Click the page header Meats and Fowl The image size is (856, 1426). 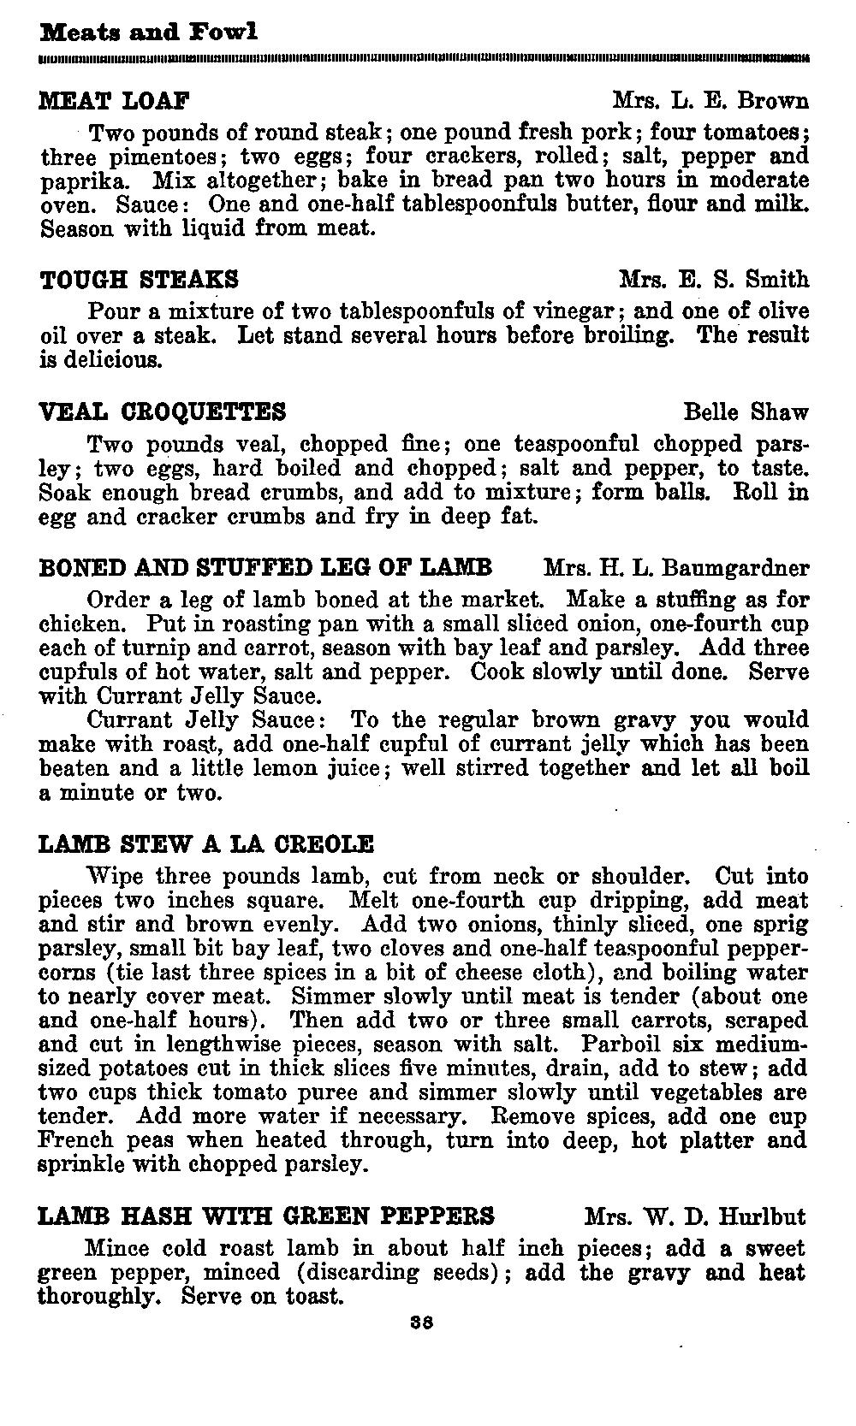pyautogui.click(x=148, y=33)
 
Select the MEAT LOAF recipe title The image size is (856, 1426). pyautogui.click(x=115, y=101)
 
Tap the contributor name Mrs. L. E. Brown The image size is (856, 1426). pyautogui.click(x=710, y=101)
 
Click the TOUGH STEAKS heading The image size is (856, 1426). pyautogui.click(x=140, y=280)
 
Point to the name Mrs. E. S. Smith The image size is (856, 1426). pyautogui.click(x=713, y=280)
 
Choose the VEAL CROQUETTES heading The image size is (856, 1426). pyautogui.click(x=163, y=412)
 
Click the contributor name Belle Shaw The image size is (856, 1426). pyautogui.click(x=746, y=412)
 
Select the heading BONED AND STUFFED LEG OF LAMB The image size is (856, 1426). pyautogui.click(x=266, y=568)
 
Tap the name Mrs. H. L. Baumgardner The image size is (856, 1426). pyautogui.click(x=675, y=568)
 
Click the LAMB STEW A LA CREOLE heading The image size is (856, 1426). pyautogui.click(x=206, y=844)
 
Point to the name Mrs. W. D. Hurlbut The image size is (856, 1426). pyautogui.click(x=695, y=1216)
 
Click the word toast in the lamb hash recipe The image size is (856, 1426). pyautogui.click(x=306, y=1297)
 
